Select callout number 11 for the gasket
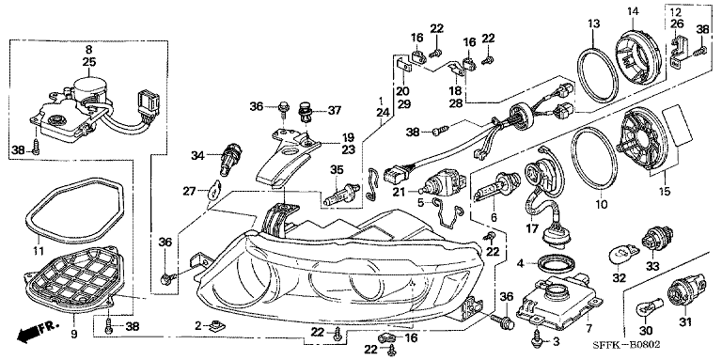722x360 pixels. (x=38, y=251)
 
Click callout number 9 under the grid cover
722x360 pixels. (x=74, y=336)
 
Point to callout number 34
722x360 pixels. (x=197, y=156)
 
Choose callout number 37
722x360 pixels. (x=334, y=111)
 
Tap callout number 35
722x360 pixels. (x=337, y=170)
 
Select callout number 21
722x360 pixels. (x=399, y=191)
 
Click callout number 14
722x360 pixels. (x=632, y=10)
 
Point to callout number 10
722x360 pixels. (x=602, y=203)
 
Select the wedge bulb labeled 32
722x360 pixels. (x=622, y=254)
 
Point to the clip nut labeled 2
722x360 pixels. (x=215, y=326)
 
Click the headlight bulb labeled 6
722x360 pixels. (x=494, y=188)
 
